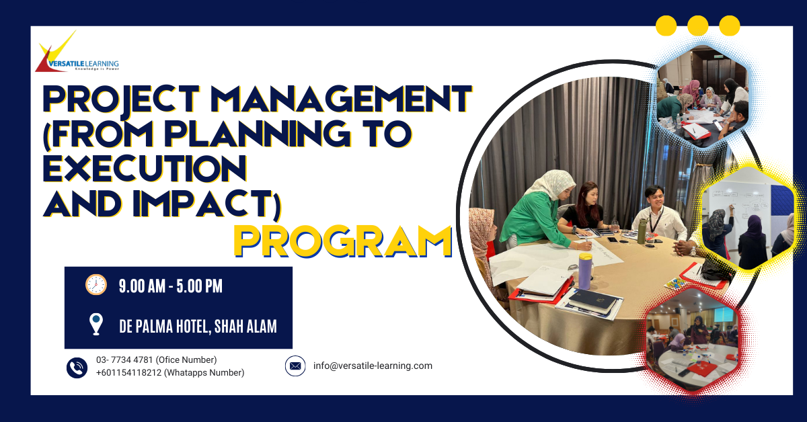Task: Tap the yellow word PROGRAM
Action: pyautogui.click(x=342, y=240)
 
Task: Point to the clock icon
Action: pyautogui.click(x=96, y=285)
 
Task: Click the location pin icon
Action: pyautogui.click(x=96, y=325)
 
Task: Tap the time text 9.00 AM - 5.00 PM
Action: pyautogui.click(x=170, y=286)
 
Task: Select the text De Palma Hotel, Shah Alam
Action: pyautogui.click(x=198, y=326)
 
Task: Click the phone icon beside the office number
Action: pyautogui.click(x=77, y=367)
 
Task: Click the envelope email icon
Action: pyautogui.click(x=295, y=366)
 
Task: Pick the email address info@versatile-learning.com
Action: pyautogui.click(x=373, y=366)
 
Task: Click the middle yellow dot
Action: pyautogui.click(x=698, y=26)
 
